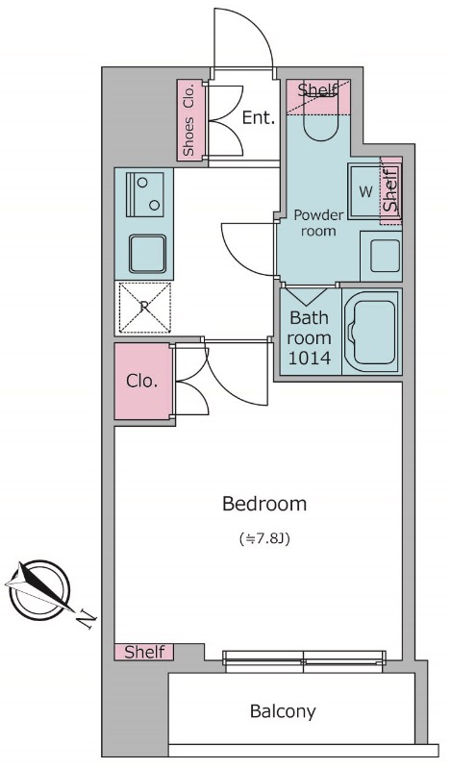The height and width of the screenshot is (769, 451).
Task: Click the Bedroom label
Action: (264, 504)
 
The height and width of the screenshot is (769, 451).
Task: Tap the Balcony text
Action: (283, 710)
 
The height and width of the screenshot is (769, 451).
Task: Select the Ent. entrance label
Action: (259, 117)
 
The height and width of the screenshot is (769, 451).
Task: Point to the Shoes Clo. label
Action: (189, 120)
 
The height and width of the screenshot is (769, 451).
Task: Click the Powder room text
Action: (318, 223)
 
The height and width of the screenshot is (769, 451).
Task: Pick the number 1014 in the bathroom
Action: (309, 359)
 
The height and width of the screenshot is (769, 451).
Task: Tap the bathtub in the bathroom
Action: (372, 333)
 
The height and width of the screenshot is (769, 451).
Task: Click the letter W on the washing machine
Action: (365, 192)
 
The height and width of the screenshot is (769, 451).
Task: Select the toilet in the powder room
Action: (321, 113)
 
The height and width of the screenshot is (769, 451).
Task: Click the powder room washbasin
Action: (382, 256)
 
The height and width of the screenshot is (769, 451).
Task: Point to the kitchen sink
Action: (147, 254)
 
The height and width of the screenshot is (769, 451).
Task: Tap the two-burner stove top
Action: (145, 194)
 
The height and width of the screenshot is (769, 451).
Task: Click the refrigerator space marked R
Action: (144, 308)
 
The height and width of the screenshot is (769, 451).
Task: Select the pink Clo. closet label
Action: (141, 381)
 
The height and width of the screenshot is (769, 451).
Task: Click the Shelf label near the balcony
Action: (144, 653)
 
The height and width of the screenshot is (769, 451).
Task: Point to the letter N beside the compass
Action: (87, 619)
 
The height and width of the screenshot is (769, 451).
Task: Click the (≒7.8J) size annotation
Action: (264, 539)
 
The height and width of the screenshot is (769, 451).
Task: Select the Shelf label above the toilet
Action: (317, 89)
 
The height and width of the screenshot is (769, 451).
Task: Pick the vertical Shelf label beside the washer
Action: (390, 190)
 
